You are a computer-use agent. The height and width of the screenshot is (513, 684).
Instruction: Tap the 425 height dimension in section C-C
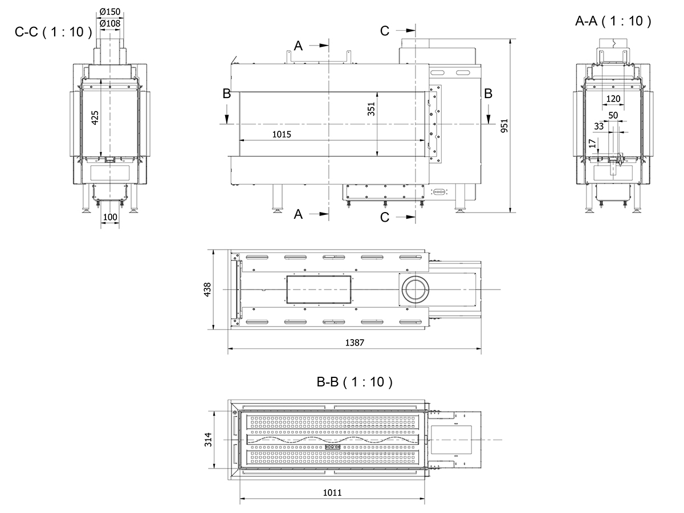click(96, 117)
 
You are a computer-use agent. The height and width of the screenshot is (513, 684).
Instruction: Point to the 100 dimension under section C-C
click(110, 217)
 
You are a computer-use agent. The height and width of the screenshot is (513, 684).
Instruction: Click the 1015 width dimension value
click(282, 135)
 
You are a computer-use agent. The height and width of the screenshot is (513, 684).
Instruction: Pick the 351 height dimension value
click(372, 109)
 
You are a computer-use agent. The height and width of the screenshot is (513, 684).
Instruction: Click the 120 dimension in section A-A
click(613, 99)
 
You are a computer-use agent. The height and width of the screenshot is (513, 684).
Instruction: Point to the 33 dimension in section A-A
click(598, 126)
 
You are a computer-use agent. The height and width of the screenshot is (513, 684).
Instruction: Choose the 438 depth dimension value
click(207, 290)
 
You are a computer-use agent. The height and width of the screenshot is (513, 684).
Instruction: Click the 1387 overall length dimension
click(354, 342)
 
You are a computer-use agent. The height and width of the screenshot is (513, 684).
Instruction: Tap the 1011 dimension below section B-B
click(332, 493)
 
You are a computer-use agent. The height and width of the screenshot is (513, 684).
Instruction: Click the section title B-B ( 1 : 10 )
click(355, 382)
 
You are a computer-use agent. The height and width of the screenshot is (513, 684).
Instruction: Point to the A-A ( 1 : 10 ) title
click(613, 22)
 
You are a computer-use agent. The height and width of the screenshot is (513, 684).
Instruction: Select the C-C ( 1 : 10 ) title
click(53, 32)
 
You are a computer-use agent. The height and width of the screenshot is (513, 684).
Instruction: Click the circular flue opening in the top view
click(414, 290)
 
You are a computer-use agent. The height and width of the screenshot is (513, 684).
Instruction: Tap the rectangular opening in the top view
click(318, 290)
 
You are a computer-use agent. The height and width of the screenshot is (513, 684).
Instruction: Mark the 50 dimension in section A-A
click(613, 116)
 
